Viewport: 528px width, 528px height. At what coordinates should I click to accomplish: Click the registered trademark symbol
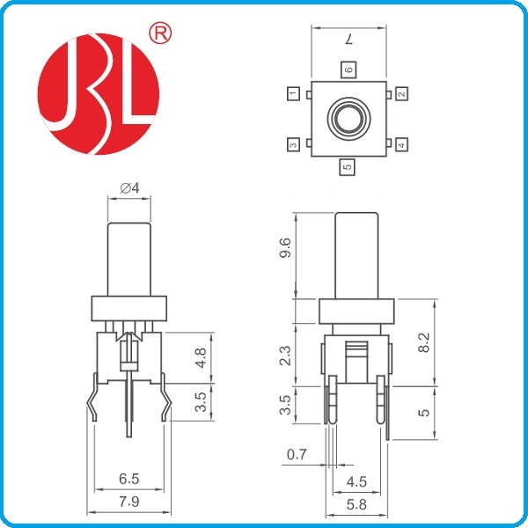click(160, 33)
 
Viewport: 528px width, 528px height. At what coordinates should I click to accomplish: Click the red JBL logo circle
click(99, 94)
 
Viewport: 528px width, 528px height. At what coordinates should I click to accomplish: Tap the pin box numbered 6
click(348, 70)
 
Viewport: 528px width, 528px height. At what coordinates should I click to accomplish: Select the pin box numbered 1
click(293, 93)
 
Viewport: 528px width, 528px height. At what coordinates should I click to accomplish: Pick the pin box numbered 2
click(401, 93)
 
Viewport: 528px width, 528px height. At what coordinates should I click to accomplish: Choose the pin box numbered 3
click(293, 144)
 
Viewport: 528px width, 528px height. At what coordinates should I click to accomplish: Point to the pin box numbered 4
click(401, 144)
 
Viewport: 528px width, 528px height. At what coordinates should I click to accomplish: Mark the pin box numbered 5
click(348, 166)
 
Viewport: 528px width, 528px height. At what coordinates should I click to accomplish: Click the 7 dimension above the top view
click(348, 40)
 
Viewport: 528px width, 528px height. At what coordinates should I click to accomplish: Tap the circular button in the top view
click(348, 119)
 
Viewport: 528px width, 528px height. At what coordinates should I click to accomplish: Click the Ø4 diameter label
click(129, 188)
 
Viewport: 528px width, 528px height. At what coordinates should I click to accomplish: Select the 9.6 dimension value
click(285, 247)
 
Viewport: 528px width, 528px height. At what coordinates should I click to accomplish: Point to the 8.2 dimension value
click(424, 342)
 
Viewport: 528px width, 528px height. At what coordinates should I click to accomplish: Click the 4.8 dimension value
click(200, 358)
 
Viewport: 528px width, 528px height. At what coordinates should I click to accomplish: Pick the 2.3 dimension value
click(285, 356)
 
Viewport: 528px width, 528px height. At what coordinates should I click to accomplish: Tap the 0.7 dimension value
click(297, 454)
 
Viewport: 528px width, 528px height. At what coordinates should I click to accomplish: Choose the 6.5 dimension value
click(129, 479)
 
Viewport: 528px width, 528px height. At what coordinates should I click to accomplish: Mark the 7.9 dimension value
click(129, 502)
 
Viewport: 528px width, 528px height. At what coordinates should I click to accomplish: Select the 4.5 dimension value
click(356, 482)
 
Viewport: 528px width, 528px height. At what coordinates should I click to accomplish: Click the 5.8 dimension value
click(356, 504)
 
